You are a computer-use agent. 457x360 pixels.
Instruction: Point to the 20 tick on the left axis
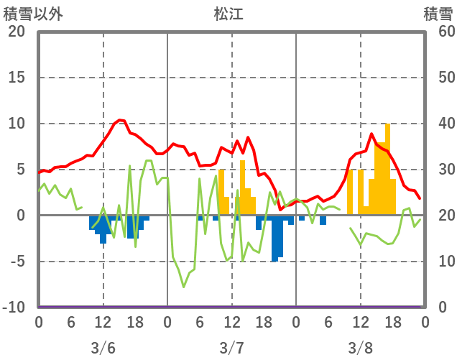17,32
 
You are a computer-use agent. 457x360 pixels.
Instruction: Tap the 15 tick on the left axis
17,78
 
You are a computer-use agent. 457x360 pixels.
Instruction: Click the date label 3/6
103,348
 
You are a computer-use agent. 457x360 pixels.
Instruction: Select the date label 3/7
231,348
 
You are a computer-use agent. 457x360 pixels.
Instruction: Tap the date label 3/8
361,348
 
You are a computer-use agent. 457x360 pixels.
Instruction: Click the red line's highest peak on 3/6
120,120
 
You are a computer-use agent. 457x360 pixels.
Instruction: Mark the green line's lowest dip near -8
184,287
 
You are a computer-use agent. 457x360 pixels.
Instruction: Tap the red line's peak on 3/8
371,134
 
